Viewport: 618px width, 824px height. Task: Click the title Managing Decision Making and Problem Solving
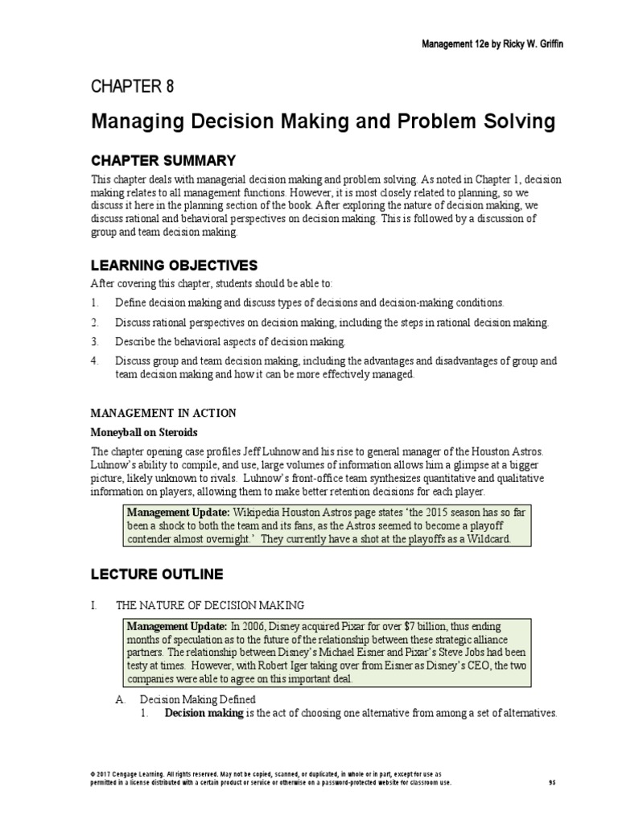[x=323, y=122]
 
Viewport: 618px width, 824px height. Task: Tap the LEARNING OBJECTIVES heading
[x=175, y=265]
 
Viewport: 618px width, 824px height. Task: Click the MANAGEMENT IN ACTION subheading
[x=163, y=413]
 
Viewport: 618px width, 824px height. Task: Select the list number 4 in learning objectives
[x=94, y=360]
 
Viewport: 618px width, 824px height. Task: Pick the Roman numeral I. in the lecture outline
[x=93, y=605]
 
